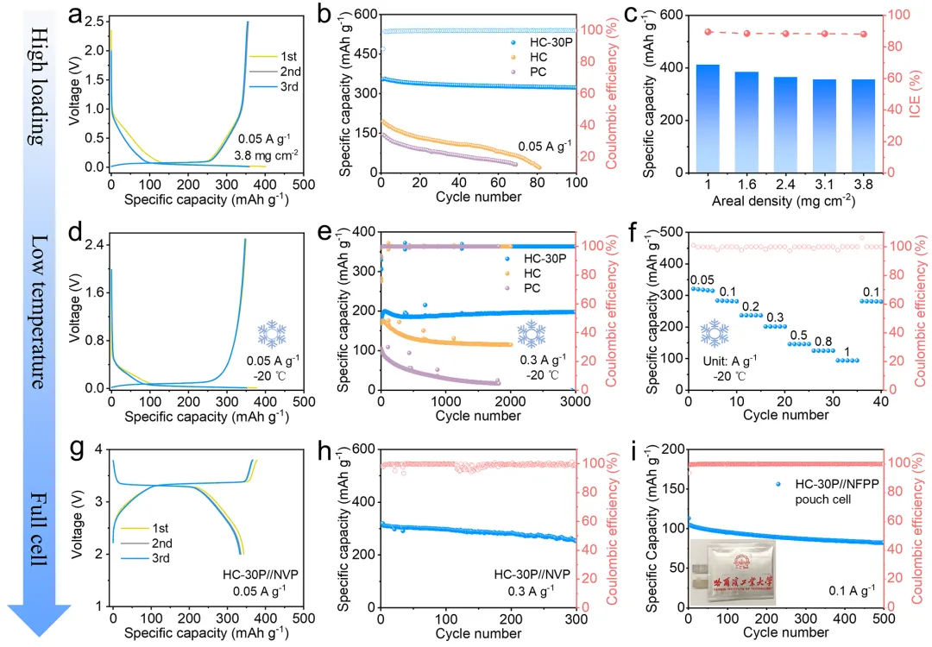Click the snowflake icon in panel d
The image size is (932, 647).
(272, 333)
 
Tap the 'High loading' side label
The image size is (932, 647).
(36, 84)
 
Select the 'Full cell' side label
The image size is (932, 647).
(36, 527)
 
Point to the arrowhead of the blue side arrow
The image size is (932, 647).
(36, 623)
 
